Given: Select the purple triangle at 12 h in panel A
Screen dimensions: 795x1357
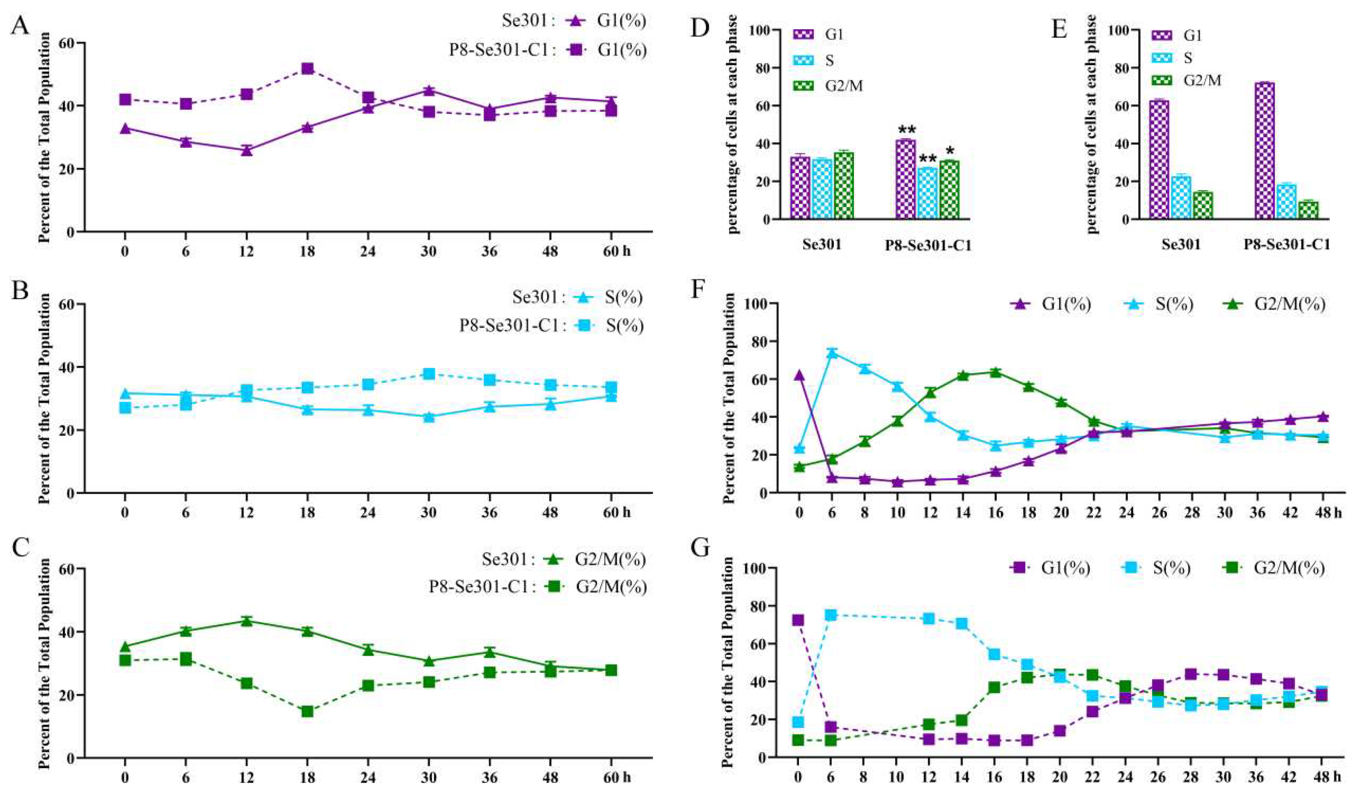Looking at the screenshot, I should pyautogui.click(x=247, y=150).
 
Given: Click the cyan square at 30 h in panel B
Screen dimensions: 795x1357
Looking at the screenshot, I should pyautogui.click(x=429, y=374).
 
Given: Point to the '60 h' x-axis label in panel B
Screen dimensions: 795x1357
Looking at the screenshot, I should pyautogui.click(x=616, y=512).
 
